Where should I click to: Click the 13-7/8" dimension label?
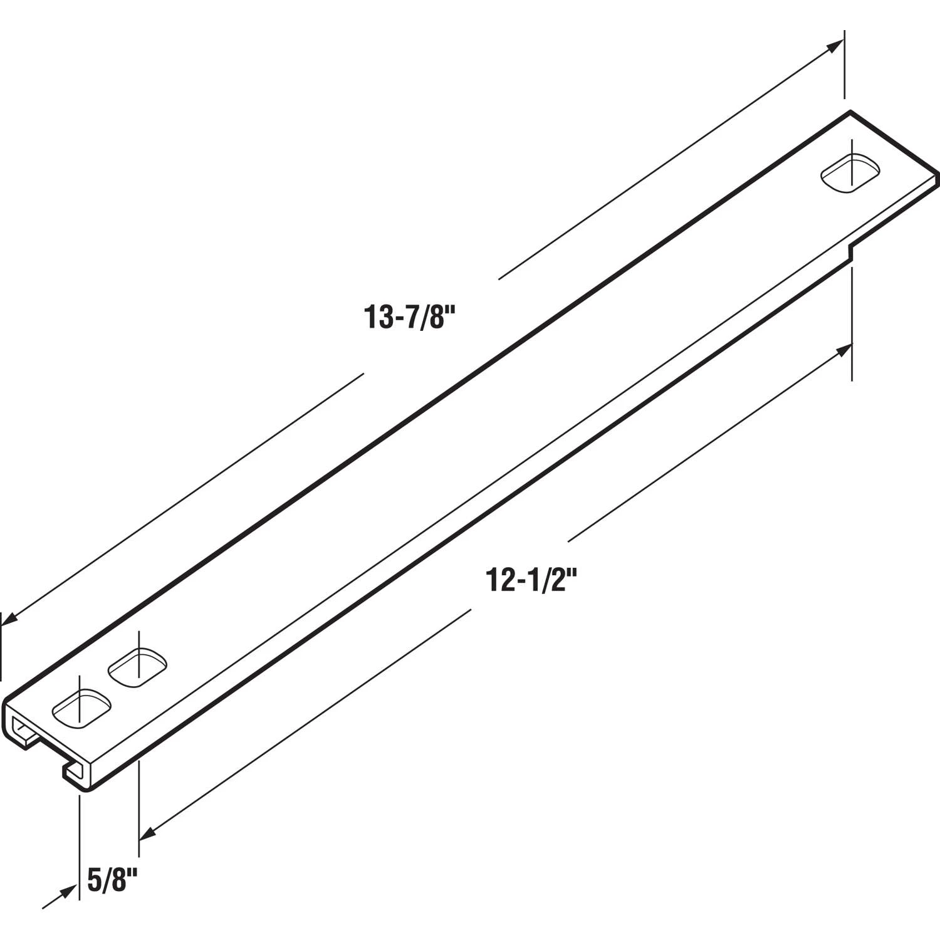(408, 317)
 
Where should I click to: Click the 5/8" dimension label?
(112, 881)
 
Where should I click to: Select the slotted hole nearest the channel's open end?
(81, 709)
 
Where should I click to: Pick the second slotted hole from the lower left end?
(138, 667)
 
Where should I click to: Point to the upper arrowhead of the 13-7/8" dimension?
(836, 46)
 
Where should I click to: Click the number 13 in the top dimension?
(377, 317)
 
